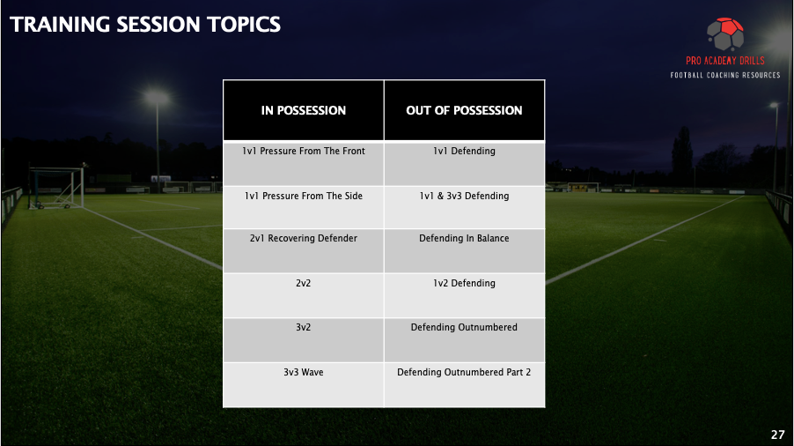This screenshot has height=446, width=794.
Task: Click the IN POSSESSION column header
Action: point(304,110)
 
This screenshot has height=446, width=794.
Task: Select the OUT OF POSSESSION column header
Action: point(465,110)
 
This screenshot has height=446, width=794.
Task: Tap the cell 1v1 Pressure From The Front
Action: point(304,164)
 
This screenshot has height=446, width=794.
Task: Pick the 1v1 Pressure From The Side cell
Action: point(304,207)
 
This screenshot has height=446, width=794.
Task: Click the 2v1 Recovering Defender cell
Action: point(304,251)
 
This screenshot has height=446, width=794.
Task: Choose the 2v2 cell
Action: point(304,295)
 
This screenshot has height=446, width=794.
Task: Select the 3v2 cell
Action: point(304,340)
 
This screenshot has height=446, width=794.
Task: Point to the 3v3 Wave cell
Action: point(304,384)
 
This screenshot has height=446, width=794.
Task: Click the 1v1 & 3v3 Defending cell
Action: point(465,207)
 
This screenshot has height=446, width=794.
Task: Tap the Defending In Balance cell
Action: point(465,251)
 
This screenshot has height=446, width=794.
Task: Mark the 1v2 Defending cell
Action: point(465,295)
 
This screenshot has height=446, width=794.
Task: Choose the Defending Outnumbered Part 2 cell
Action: point(465,384)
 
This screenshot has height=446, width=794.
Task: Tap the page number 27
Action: point(778,435)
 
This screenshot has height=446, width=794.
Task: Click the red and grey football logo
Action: point(725,34)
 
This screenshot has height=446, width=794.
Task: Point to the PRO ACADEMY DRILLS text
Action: point(725,61)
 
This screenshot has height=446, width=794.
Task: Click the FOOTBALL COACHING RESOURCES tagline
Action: point(725,75)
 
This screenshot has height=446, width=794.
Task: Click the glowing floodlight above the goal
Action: point(157,97)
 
